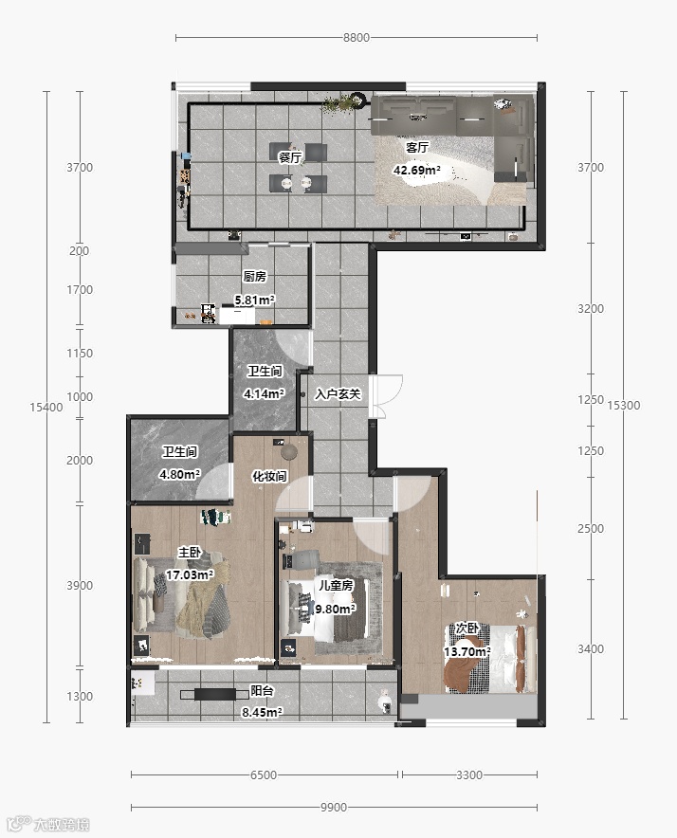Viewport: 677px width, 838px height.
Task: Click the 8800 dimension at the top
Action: point(357,37)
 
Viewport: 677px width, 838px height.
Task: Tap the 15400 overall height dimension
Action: point(46,408)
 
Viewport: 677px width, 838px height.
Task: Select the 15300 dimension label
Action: point(624,405)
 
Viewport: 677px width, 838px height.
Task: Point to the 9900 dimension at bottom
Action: point(334,807)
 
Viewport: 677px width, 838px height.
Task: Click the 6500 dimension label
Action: point(264,774)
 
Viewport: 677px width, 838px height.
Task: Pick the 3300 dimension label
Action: point(469,774)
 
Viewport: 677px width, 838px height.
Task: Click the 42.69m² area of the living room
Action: point(417,171)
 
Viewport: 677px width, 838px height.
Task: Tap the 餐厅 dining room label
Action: point(290,157)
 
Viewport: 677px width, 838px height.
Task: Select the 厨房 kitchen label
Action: point(254,276)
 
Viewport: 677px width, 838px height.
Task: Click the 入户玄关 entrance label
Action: point(338,394)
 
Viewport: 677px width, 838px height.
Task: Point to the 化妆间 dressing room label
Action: point(269,476)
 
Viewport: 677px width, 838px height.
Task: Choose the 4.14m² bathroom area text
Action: point(264,394)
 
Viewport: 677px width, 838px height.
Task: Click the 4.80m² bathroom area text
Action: point(179,474)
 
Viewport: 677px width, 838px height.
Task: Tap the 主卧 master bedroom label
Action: point(190,552)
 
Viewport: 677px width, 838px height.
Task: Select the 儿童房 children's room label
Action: point(336,585)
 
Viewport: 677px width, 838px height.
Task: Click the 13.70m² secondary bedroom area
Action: point(467,652)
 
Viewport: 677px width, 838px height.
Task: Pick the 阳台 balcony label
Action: point(262,690)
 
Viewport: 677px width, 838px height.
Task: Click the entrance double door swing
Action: point(386,396)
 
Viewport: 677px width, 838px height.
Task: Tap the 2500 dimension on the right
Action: point(591,529)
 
